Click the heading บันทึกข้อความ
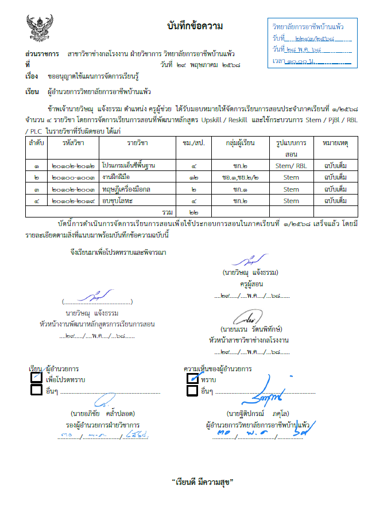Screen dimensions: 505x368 195,26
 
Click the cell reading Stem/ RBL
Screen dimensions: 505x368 291,165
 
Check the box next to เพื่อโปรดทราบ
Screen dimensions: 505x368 36,378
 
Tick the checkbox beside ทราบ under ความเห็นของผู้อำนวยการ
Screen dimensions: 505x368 193,378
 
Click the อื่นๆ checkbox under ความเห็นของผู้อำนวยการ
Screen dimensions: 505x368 193,391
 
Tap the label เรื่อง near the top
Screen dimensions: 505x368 32,76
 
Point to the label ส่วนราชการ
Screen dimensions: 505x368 42,53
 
